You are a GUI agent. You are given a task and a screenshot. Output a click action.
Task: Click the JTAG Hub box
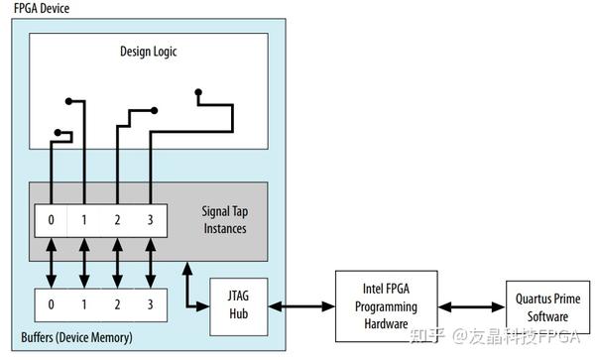tap(238, 302)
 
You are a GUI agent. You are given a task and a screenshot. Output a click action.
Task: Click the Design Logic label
tap(149, 52)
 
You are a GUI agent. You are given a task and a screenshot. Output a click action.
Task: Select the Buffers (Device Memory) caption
tap(76, 338)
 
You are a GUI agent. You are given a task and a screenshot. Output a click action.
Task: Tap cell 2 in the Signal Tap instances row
tap(118, 218)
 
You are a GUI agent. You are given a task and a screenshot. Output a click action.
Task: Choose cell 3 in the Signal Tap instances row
tap(150, 218)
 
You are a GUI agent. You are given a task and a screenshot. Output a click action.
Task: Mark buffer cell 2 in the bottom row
tap(118, 303)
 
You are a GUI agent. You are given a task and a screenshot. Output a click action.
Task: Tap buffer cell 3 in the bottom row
tap(150, 303)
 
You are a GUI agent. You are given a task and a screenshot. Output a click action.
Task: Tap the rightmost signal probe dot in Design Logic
tap(198, 92)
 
